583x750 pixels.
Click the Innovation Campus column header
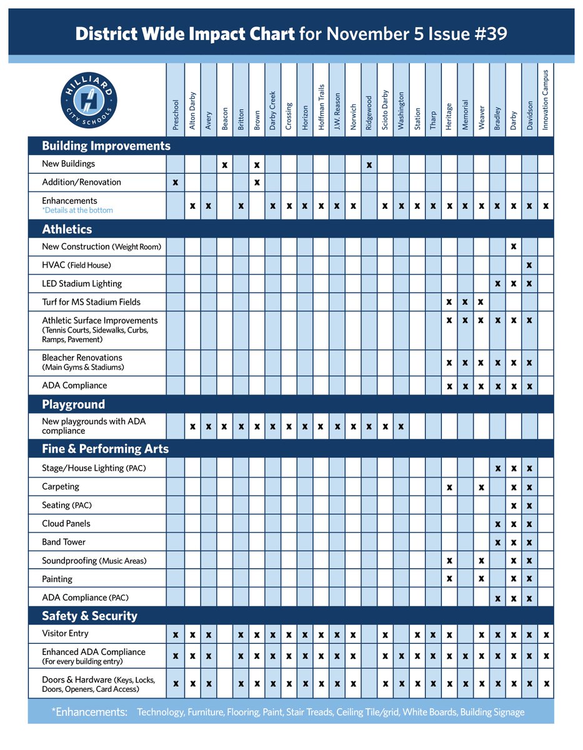(x=546, y=99)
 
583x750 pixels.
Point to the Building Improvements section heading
(x=106, y=146)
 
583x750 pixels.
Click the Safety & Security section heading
(x=89, y=616)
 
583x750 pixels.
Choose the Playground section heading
(x=73, y=404)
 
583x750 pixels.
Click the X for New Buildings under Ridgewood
(x=369, y=165)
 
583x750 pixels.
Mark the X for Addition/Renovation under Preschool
(x=175, y=182)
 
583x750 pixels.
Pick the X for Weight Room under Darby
(x=513, y=246)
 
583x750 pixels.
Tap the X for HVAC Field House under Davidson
(x=529, y=265)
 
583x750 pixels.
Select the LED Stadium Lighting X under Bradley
(x=497, y=284)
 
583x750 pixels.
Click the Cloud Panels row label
(x=66, y=524)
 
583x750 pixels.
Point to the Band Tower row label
(x=64, y=542)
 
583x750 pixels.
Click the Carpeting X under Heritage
(x=449, y=487)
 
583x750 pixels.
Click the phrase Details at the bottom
(x=79, y=211)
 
